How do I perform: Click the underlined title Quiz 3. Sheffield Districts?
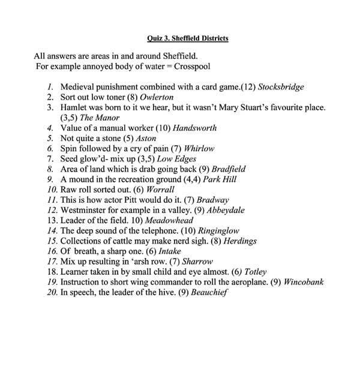[x=187, y=39]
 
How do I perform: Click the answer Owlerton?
[x=160, y=97]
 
